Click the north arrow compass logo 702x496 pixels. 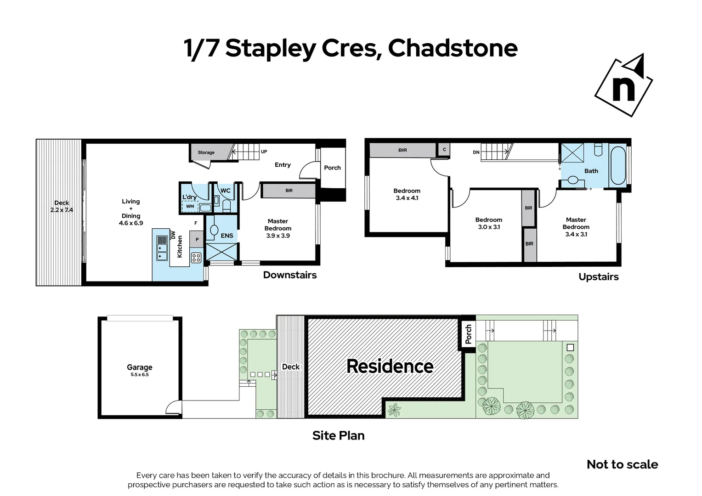click(623, 85)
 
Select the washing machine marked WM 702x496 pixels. click(190, 207)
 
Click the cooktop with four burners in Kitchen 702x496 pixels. click(196, 258)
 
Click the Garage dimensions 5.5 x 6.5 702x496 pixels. click(139, 375)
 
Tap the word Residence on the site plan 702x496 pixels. click(390, 366)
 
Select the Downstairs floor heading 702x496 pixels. click(289, 275)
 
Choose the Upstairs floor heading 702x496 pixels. click(598, 277)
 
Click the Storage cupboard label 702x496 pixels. click(206, 152)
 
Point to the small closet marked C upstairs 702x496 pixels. click(444, 150)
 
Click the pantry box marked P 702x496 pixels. click(197, 240)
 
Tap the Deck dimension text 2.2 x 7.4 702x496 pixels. click(62, 210)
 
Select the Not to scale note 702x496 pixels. click(622, 464)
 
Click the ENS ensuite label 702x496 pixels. click(227, 236)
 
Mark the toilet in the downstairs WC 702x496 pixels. click(226, 205)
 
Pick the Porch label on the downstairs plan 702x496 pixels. click(332, 168)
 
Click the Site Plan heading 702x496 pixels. click(338, 435)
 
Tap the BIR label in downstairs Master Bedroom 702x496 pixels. click(289, 191)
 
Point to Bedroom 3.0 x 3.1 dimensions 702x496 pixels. click(488, 227)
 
